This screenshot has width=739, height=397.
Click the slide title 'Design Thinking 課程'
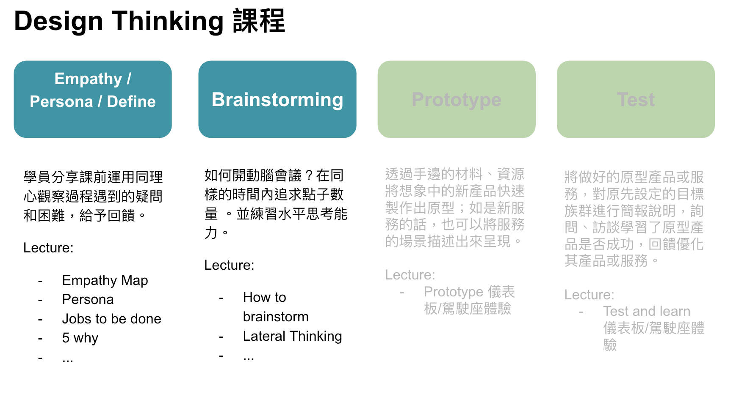pos(149,21)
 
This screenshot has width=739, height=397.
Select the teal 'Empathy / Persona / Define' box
pos(93,99)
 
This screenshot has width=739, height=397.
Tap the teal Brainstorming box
pos(277,99)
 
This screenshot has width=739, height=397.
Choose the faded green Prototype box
pos(457,99)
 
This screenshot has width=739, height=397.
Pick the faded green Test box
pos(636,99)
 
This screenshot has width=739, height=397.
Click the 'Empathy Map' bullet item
pos(105,280)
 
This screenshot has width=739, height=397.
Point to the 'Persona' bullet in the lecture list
pos(88,299)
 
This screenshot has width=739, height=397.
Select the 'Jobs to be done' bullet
pos(112,319)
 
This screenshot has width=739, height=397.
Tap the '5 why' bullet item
pos(80,338)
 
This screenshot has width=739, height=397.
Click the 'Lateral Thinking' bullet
pos(292,336)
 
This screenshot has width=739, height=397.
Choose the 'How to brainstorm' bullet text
pos(276,307)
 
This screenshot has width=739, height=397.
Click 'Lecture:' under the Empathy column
pos(48,248)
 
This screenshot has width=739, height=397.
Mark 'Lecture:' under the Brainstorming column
pos(229,265)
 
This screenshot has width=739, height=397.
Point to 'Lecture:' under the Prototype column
pos(410,275)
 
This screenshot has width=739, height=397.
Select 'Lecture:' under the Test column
pos(589,295)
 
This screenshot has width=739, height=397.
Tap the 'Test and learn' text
pos(647,311)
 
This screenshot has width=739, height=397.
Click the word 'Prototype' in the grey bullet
pos(454,292)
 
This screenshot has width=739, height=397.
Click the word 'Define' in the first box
pos(131,101)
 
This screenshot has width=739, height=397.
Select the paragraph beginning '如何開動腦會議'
pos(276,204)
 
